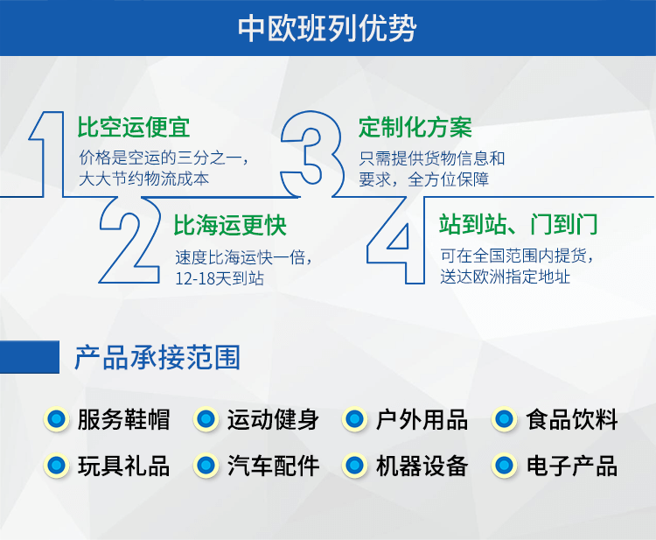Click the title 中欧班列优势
327,29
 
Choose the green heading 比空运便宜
134,127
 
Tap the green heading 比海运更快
230,226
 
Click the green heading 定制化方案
415,127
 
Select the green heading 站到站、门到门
519,224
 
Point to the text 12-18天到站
220,278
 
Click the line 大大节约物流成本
144,179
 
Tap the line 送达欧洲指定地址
505,277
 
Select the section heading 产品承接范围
157,357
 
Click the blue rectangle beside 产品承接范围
30,357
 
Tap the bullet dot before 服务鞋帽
57,419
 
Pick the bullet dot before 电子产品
504,465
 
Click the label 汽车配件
273,466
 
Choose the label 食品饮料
572,419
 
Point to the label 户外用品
422,419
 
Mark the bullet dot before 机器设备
355,465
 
